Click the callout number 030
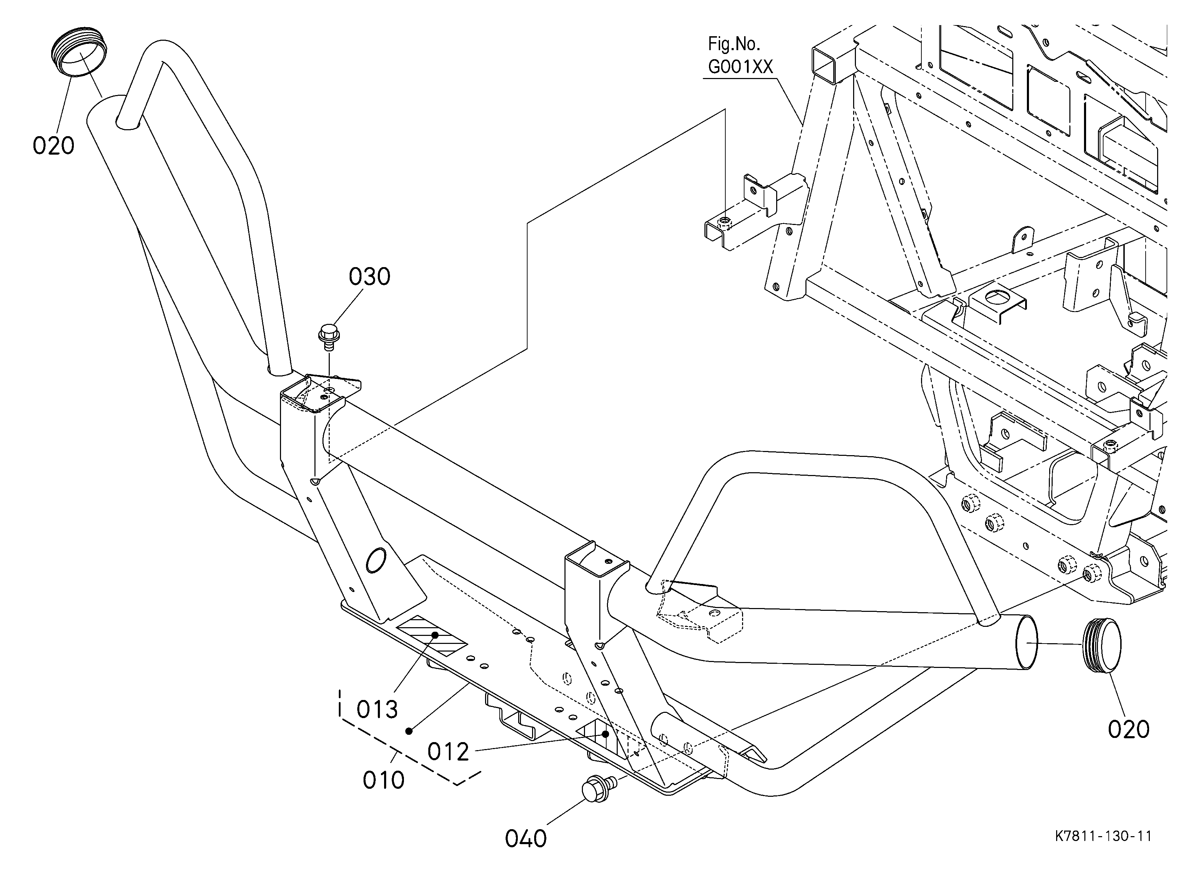point(369,277)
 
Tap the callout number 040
point(526,839)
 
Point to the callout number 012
point(449,752)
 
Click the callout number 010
point(383,780)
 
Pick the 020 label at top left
point(54,146)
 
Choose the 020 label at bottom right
point(1129,730)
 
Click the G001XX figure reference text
point(741,67)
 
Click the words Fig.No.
point(734,44)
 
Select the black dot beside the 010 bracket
point(409,731)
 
